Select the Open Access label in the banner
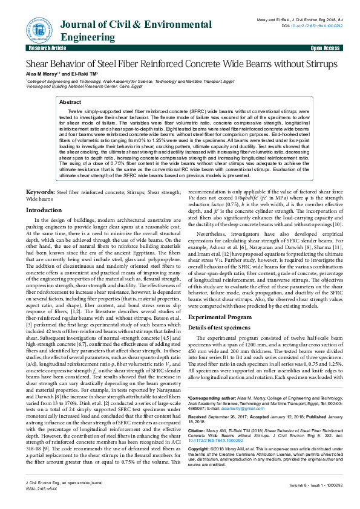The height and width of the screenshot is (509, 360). (325, 48)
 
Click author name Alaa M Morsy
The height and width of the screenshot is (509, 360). (41, 74)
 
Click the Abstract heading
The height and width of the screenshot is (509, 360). (70, 103)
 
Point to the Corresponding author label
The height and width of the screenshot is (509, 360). (214, 398)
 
